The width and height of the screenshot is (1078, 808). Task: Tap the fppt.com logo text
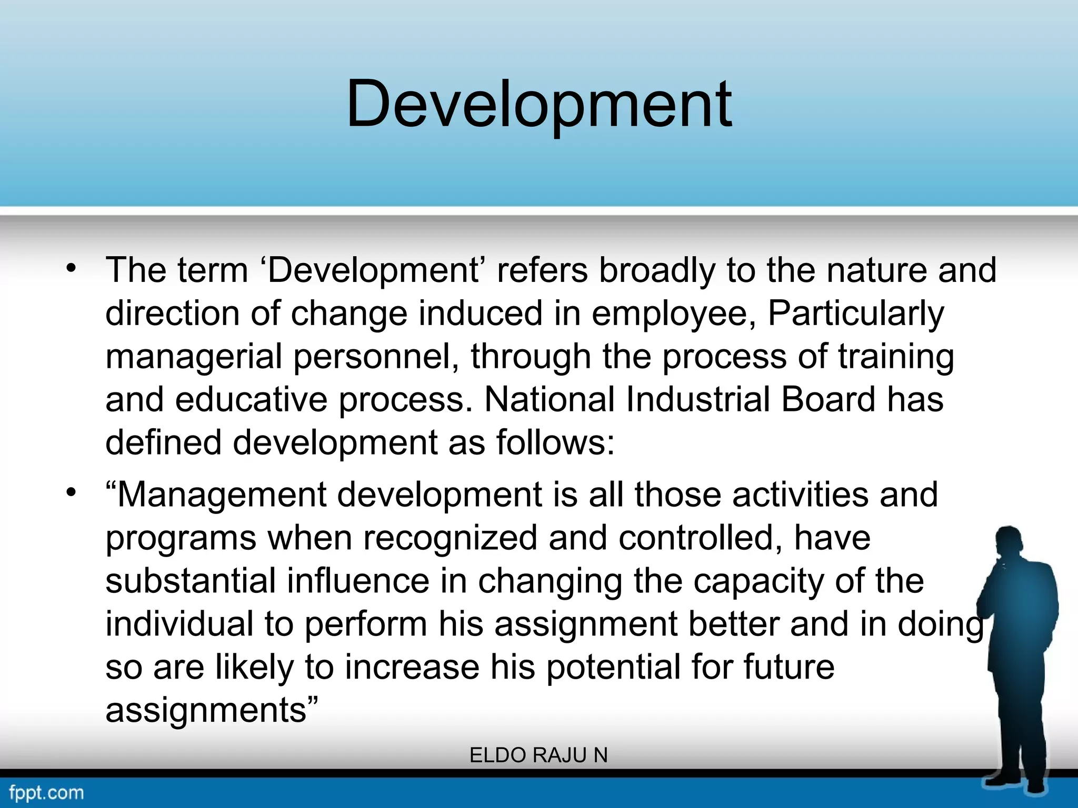[46, 792]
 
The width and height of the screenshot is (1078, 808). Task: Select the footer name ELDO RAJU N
[538, 755]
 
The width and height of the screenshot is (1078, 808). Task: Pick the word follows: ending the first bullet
[555, 442]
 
